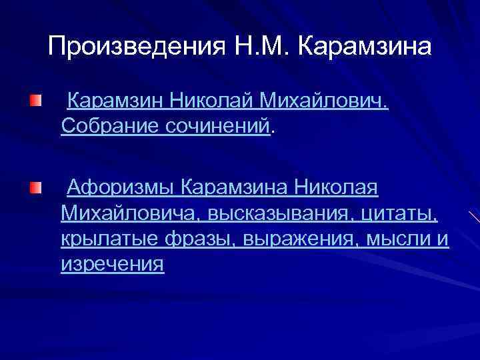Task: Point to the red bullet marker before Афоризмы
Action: pyautogui.click(x=35, y=189)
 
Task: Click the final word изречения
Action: pyautogui.click(x=112, y=264)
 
